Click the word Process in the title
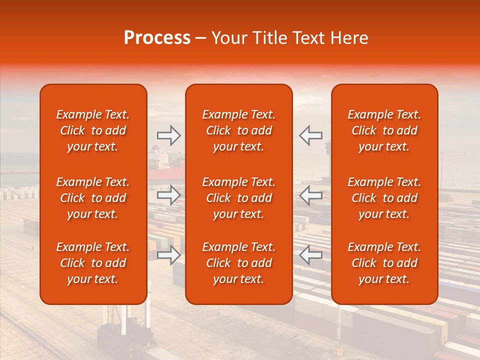tap(157, 38)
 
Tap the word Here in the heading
tap(349, 38)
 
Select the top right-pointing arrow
tap(168, 135)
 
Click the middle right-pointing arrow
tap(168, 195)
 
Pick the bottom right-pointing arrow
tap(168, 255)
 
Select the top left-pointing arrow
tap(310, 135)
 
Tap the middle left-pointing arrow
tap(310, 195)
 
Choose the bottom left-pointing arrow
tap(310, 255)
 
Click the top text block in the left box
tap(93, 130)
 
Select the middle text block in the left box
tap(93, 198)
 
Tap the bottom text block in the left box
tap(93, 263)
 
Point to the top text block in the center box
tap(238, 130)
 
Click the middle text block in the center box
tap(238, 198)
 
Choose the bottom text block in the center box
tap(238, 263)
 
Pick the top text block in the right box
tap(384, 130)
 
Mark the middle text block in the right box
tap(384, 198)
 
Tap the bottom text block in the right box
tap(384, 263)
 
